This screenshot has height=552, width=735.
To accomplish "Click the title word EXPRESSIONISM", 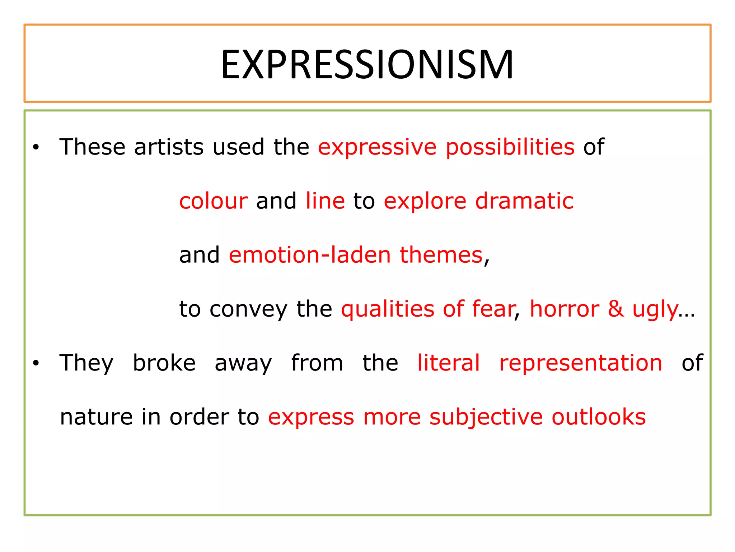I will click(367, 65).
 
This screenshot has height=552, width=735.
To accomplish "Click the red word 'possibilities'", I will click(510, 147).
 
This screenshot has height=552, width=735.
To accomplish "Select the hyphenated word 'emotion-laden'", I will click(310, 255).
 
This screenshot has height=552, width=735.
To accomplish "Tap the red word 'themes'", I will click(441, 255).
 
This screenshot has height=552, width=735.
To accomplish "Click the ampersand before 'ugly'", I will click(615, 309).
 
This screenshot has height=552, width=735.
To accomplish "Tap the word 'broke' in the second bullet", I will click(164, 363).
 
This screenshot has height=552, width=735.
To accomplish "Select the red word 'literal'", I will click(448, 363).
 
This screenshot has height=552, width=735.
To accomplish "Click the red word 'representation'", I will click(581, 363).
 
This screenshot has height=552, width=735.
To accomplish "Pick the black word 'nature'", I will click(96, 417).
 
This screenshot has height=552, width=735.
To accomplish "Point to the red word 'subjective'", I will click(486, 417).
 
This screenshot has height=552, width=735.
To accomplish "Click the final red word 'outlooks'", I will click(598, 417).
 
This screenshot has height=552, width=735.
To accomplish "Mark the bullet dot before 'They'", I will click(36, 363).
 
